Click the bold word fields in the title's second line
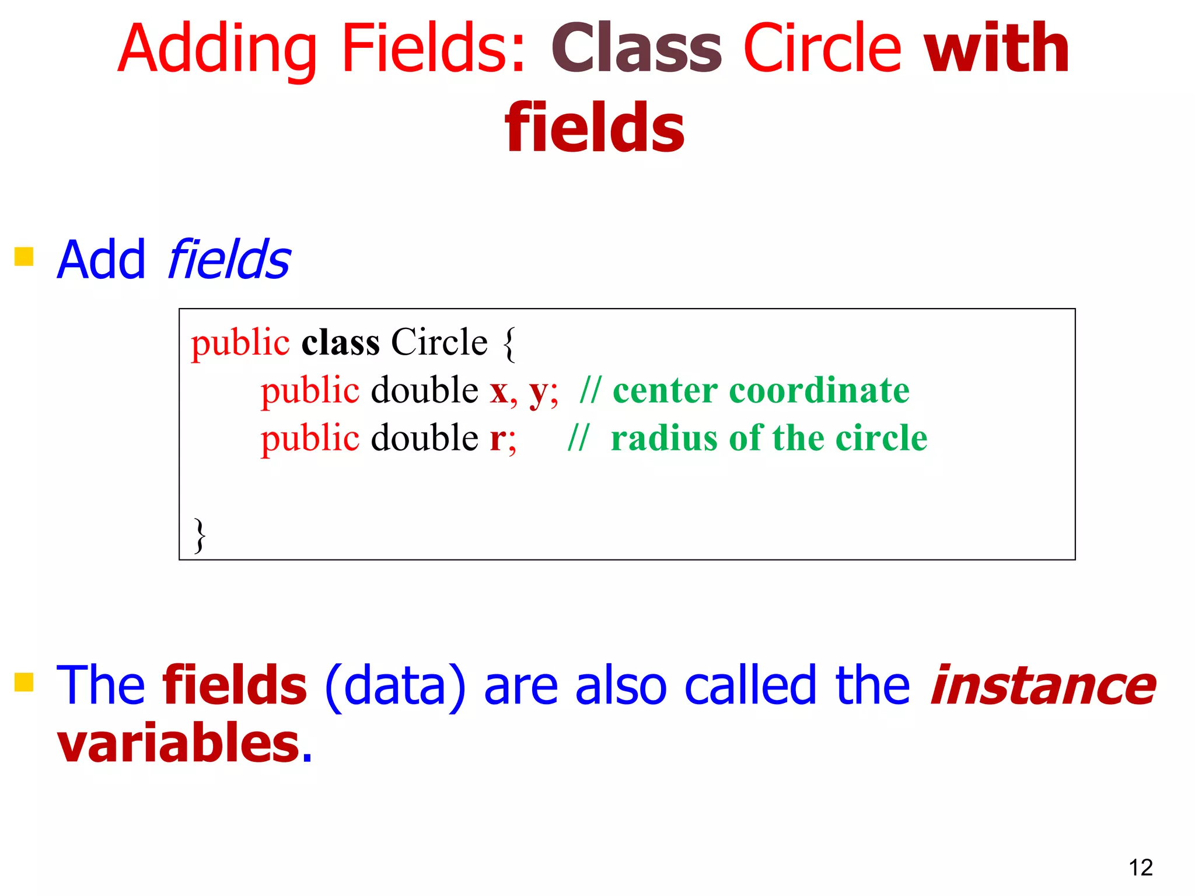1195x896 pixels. (595, 128)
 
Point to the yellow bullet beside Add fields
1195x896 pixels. (24, 256)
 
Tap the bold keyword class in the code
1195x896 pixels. (340, 342)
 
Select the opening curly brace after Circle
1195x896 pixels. (509, 344)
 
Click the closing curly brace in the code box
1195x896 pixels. (200, 535)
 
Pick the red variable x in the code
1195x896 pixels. (499, 391)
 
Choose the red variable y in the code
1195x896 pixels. (538, 392)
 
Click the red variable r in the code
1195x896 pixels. (498, 439)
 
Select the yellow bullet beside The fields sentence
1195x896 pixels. (24, 681)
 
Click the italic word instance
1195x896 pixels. (1042, 685)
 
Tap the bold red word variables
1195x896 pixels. (179, 742)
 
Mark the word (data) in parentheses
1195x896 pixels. (395, 687)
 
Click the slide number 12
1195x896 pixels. (1140, 867)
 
